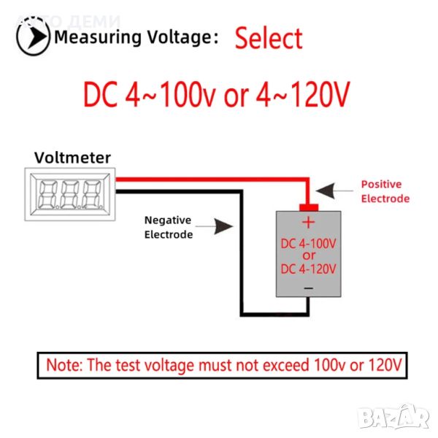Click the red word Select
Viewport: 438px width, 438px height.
(268, 39)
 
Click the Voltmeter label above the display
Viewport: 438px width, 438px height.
(73, 157)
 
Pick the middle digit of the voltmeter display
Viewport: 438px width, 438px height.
(70, 194)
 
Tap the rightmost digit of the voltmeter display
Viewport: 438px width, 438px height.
(91, 194)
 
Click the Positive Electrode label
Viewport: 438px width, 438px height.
(385, 191)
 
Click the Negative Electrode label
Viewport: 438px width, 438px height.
(169, 227)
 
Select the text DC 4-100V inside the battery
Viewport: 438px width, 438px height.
(308, 242)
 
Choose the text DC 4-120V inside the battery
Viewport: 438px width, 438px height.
(308, 269)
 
